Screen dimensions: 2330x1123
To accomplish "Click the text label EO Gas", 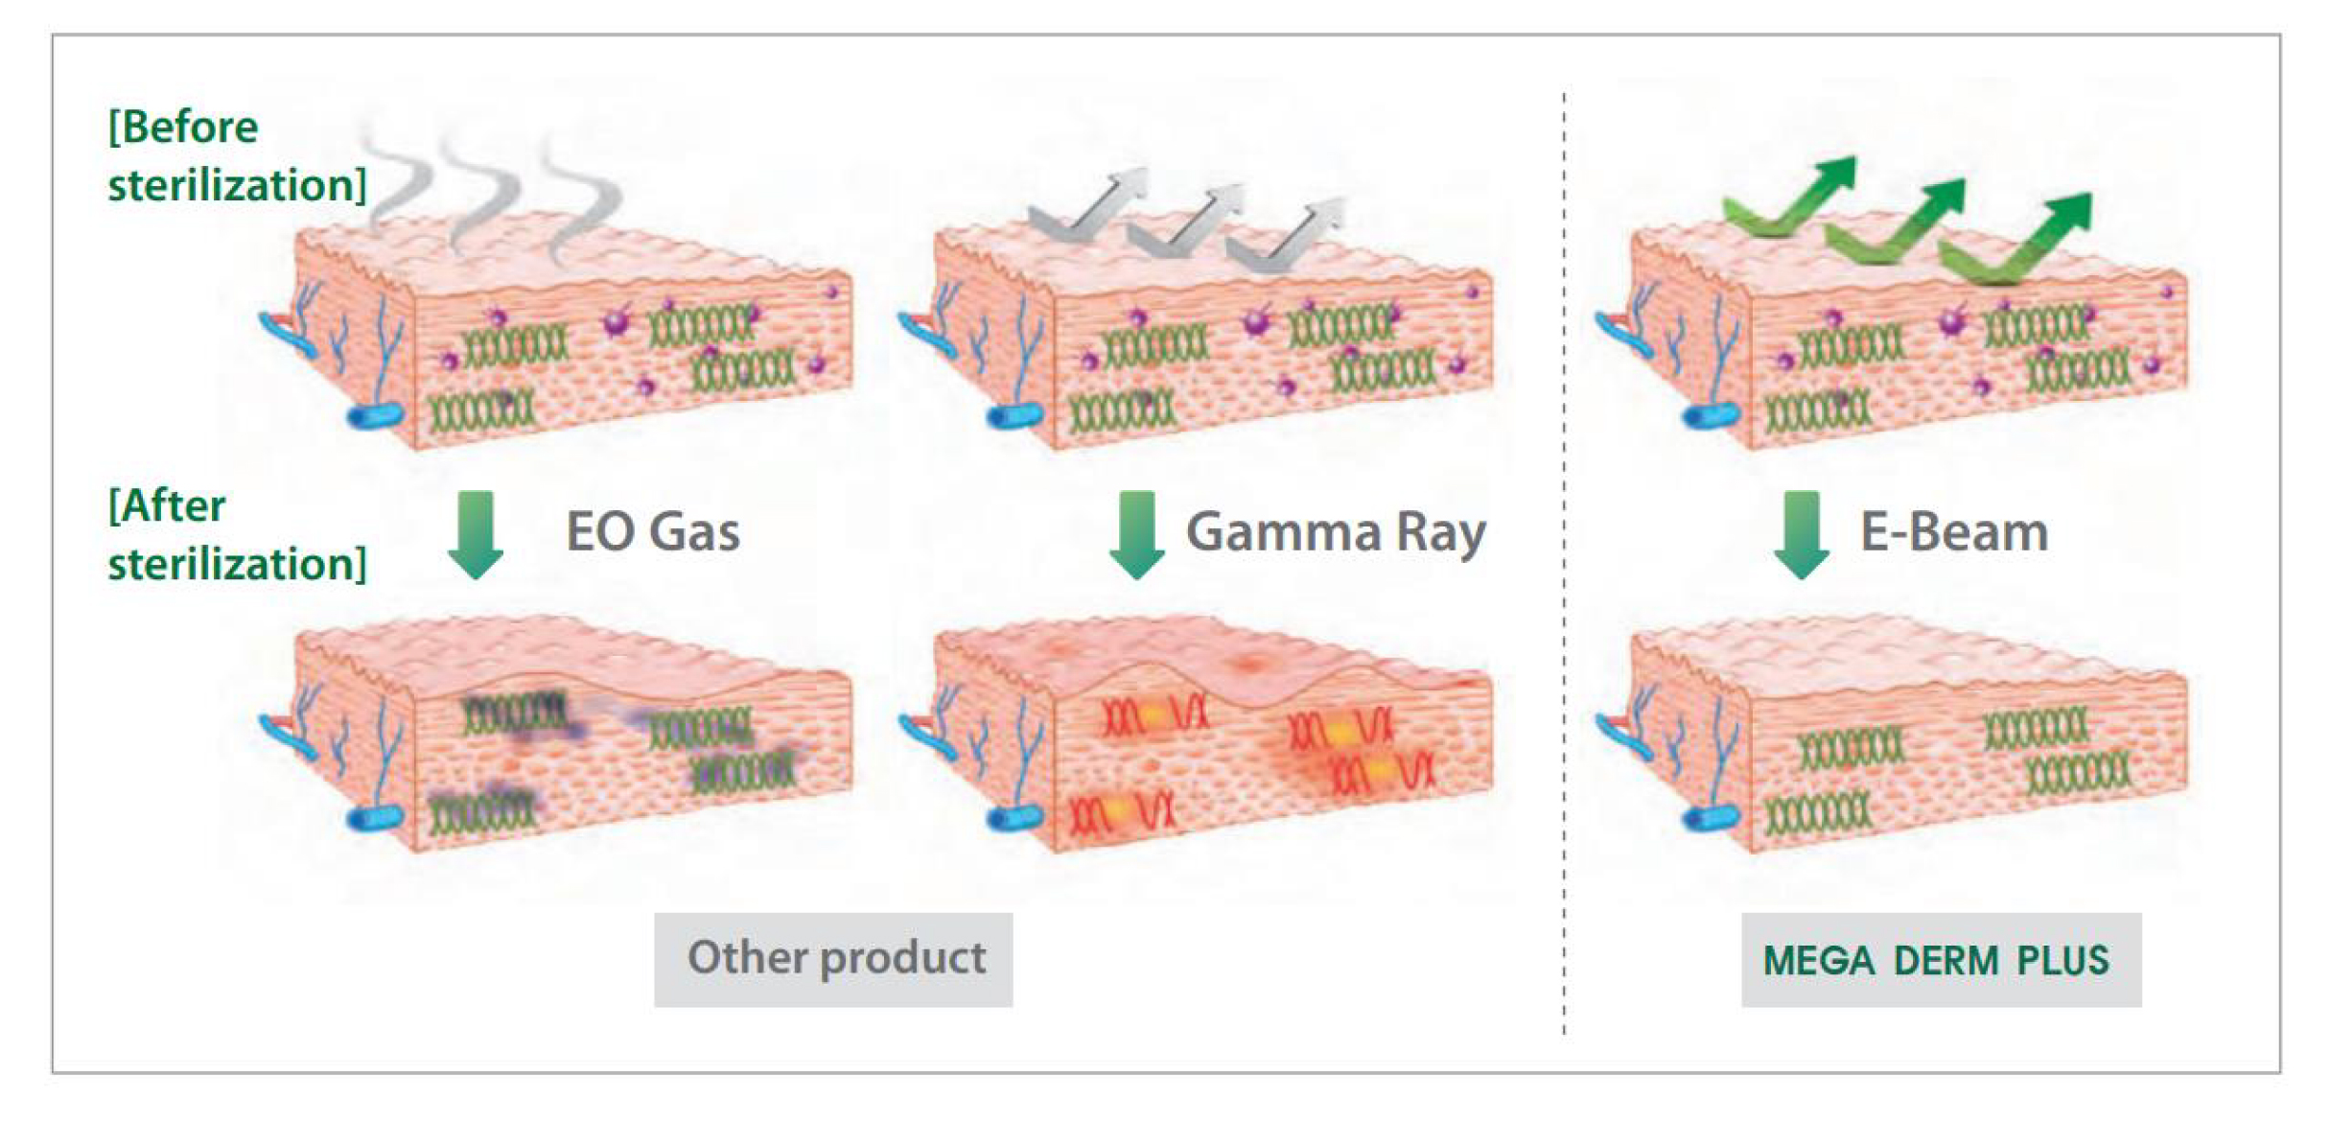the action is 652,531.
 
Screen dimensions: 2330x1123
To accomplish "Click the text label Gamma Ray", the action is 1336,533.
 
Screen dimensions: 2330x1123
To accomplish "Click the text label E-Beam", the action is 1954,531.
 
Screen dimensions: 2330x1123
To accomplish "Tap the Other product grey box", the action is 833,959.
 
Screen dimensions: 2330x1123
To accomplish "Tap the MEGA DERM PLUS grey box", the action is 1942,959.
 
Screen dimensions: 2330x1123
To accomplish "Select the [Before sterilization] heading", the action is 237,155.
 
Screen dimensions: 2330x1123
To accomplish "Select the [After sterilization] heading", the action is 237,534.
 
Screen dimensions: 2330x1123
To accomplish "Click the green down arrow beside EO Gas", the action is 476,535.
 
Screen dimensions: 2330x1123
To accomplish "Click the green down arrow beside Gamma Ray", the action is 1137,535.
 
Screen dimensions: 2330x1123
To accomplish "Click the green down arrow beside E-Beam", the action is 1802,535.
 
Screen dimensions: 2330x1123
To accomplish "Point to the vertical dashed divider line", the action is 1564,564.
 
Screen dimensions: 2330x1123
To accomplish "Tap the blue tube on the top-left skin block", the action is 374,416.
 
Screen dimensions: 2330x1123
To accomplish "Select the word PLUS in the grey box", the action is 2062,960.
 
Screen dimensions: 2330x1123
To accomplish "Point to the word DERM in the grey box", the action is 1946,960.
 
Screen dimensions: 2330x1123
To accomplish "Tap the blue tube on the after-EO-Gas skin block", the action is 374,818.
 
